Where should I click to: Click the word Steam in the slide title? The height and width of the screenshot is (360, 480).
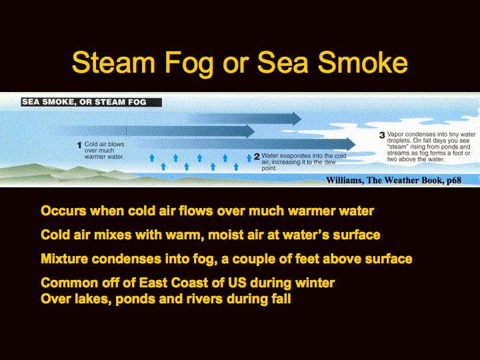click(x=113, y=62)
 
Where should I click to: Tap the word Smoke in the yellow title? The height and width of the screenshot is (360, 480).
click(x=363, y=62)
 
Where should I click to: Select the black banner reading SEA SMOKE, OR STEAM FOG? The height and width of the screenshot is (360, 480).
click(x=91, y=102)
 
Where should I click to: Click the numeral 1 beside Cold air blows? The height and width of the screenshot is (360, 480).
click(x=79, y=145)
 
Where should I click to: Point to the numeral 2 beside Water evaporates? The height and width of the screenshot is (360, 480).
click(x=257, y=157)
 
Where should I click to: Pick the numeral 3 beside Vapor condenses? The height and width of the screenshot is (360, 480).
click(x=382, y=135)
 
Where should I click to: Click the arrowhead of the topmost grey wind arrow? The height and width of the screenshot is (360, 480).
click(x=296, y=119)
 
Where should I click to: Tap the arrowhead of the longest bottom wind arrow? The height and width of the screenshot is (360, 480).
click(x=351, y=144)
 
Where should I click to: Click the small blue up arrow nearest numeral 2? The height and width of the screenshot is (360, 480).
click(x=249, y=157)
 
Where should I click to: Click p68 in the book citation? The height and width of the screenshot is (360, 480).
click(x=454, y=180)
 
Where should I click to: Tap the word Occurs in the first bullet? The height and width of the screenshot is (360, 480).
click(x=63, y=211)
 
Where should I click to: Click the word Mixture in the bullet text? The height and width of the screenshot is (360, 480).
click(x=65, y=259)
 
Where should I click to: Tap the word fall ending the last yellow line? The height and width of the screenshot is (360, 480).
click(x=281, y=299)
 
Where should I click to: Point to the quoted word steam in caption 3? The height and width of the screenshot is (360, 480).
click(x=398, y=147)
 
